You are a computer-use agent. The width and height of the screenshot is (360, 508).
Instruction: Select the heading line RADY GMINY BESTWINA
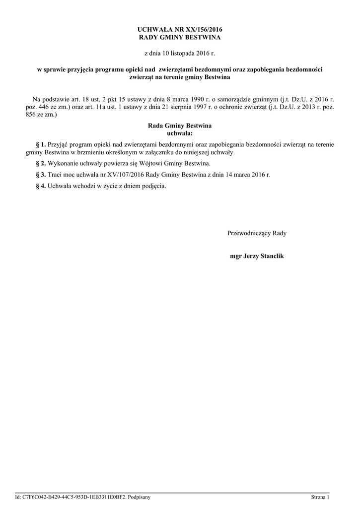click(179, 37)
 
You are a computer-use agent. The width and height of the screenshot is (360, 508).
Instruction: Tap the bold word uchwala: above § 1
click(180, 133)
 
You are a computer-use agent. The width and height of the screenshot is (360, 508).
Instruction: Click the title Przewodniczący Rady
click(257, 233)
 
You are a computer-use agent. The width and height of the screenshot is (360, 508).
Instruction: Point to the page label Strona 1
click(320, 497)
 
